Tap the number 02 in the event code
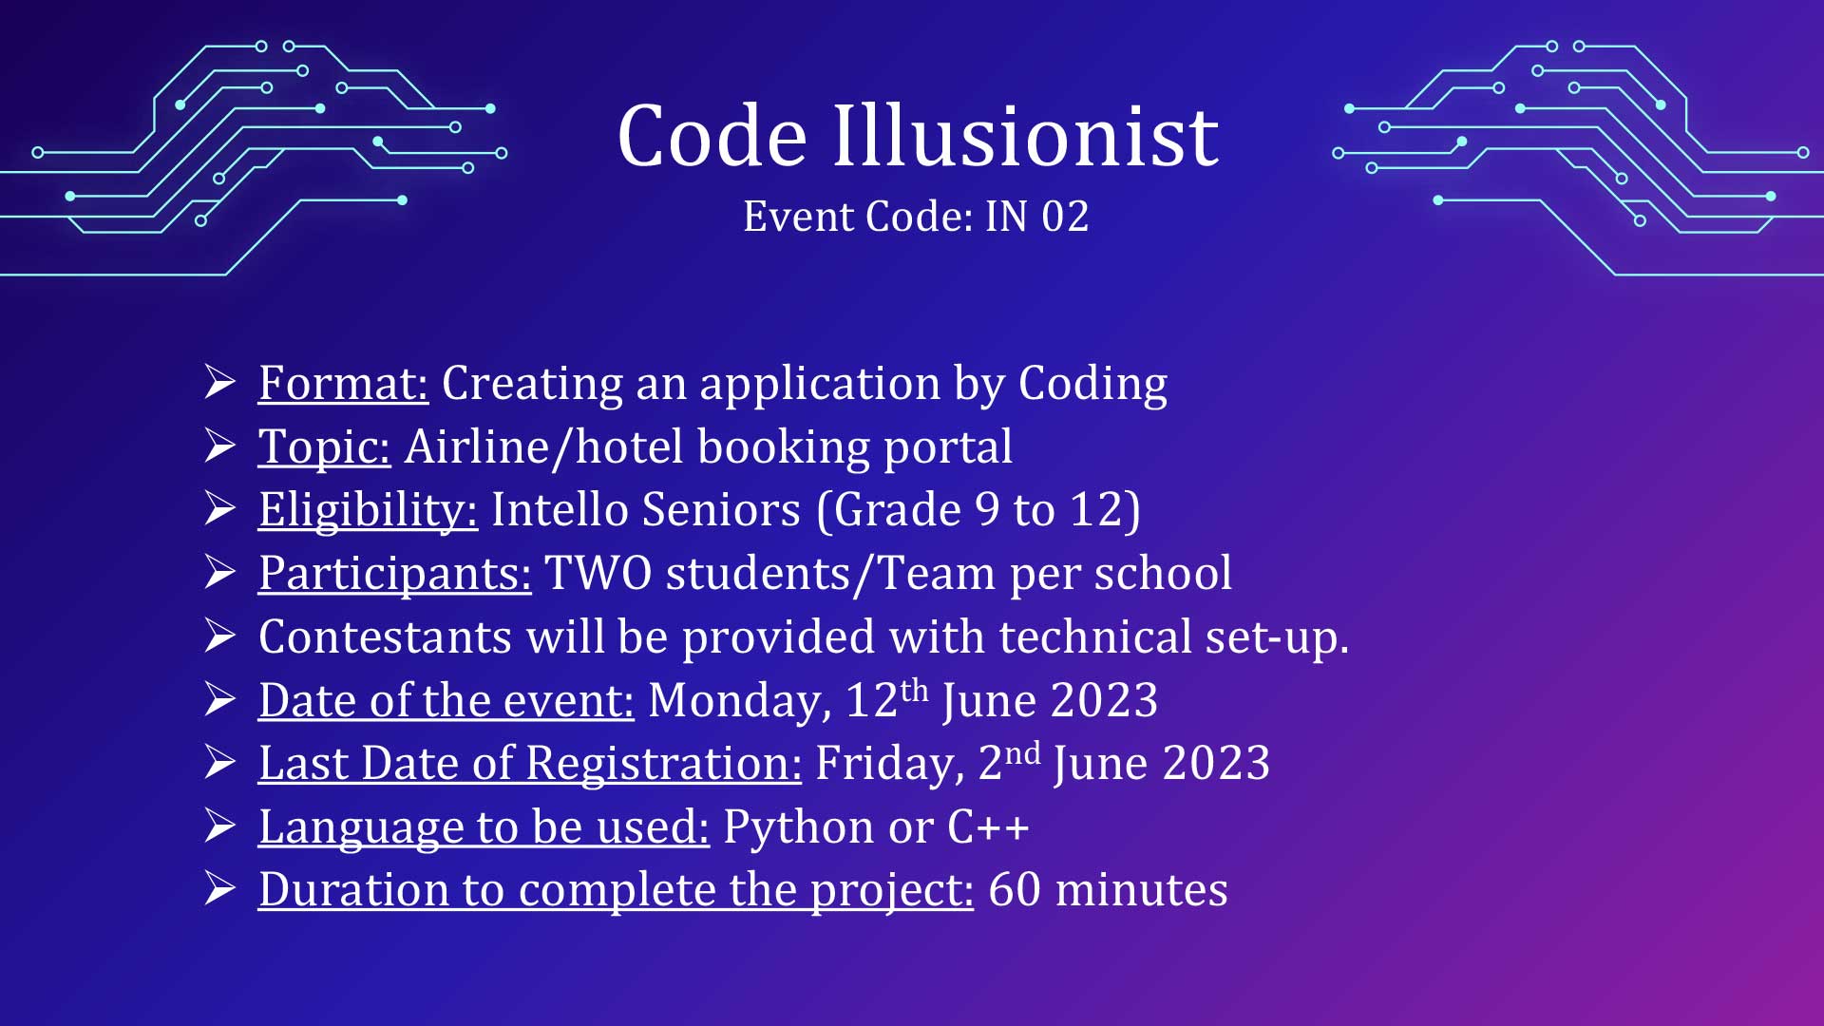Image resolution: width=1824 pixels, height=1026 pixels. click(1065, 217)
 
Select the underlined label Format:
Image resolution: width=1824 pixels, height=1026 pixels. click(343, 385)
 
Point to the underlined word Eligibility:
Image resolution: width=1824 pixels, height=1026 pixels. click(368, 511)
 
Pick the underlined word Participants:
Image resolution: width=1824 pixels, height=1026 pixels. click(394, 575)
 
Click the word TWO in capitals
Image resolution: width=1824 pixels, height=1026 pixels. click(598, 574)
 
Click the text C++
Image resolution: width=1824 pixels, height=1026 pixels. click(989, 827)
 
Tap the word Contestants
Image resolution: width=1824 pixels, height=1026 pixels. click(386, 637)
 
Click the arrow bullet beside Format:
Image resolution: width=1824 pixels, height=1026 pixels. click(219, 383)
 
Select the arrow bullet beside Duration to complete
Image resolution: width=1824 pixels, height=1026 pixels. click(219, 889)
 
